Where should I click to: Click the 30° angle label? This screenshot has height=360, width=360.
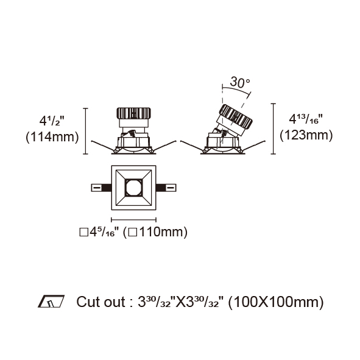[239, 83]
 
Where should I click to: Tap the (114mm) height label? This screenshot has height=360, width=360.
[52, 137]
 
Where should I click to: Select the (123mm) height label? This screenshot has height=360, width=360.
[306, 135]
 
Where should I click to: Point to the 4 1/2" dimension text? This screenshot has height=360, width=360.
[51, 121]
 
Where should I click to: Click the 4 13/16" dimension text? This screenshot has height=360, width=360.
[306, 119]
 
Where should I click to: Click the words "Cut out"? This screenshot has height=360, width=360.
[101, 302]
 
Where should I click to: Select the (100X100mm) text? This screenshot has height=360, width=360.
[276, 302]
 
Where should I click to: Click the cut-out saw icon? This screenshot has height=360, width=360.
[51, 302]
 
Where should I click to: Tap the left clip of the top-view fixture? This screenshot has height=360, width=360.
[101, 188]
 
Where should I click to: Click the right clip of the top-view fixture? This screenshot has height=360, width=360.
[166, 188]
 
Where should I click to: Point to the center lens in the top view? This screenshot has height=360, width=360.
[133, 188]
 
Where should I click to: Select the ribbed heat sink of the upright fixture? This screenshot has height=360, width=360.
[133, 113]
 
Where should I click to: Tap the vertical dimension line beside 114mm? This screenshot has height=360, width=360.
[86, 131]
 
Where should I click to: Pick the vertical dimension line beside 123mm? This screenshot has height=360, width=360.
[273, 129]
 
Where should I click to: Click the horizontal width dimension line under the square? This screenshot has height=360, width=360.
[133, 220]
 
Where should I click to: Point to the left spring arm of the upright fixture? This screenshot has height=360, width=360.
[103, 146]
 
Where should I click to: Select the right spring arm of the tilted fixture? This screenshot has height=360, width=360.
[253, 146]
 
